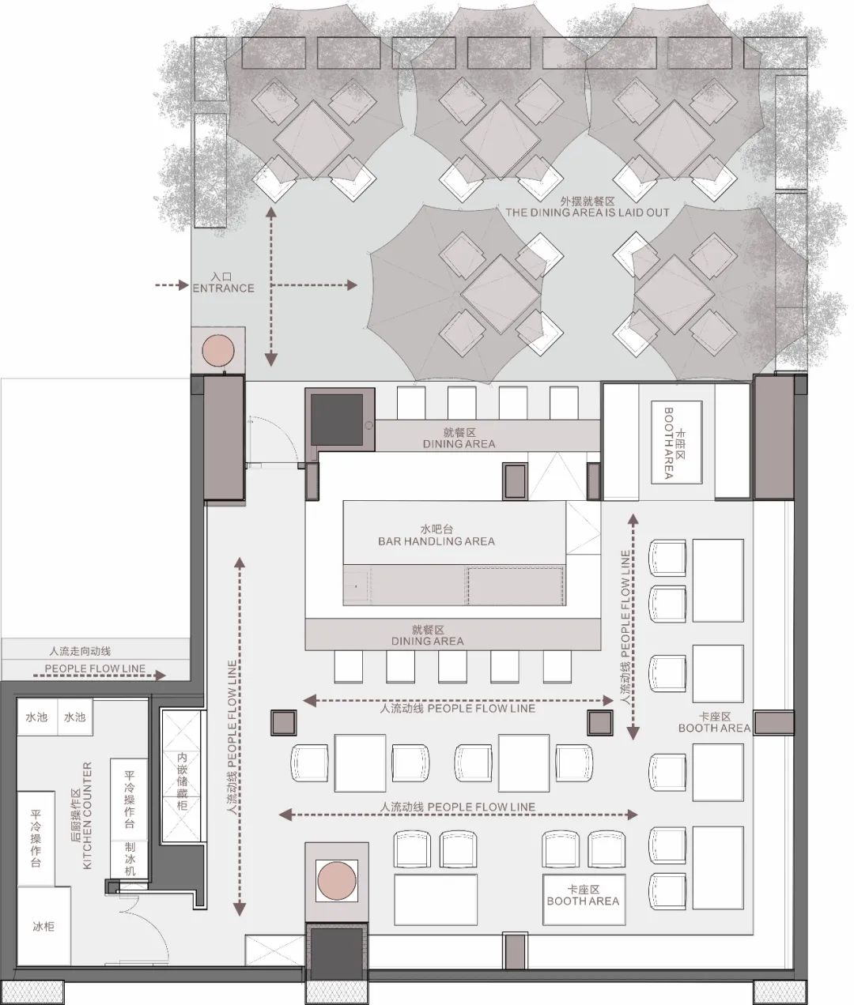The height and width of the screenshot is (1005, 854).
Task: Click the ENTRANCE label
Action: click(x=223, y=288)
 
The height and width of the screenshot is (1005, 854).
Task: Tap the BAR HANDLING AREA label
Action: click(x=436, y=541)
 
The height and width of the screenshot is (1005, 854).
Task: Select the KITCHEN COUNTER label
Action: click(x=88, y=815)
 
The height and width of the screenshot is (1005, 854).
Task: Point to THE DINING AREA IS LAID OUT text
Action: click(x=588, y=213)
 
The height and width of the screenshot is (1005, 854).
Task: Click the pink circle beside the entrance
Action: click(x=218, y=350)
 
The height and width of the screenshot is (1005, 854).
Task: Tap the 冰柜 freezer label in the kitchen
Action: click(x=43, y=926)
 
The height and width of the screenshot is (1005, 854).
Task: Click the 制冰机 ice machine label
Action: click(x=130, y=859)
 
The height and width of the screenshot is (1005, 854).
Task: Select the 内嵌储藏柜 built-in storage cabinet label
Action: click(x=182, y=781)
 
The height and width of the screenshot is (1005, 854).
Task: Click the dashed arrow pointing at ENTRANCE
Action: click(x=172, y=285)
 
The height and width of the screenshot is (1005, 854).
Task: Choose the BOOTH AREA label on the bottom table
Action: click(x=583, y=901)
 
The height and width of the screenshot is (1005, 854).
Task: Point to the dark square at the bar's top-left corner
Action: click(x=337, y=420)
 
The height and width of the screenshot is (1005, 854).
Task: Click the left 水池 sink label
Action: click(x=36, y=717)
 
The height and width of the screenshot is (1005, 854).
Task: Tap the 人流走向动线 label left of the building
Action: click(x=80, y=651)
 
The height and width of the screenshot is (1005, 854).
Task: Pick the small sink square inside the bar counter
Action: click(x=356, y=586)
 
